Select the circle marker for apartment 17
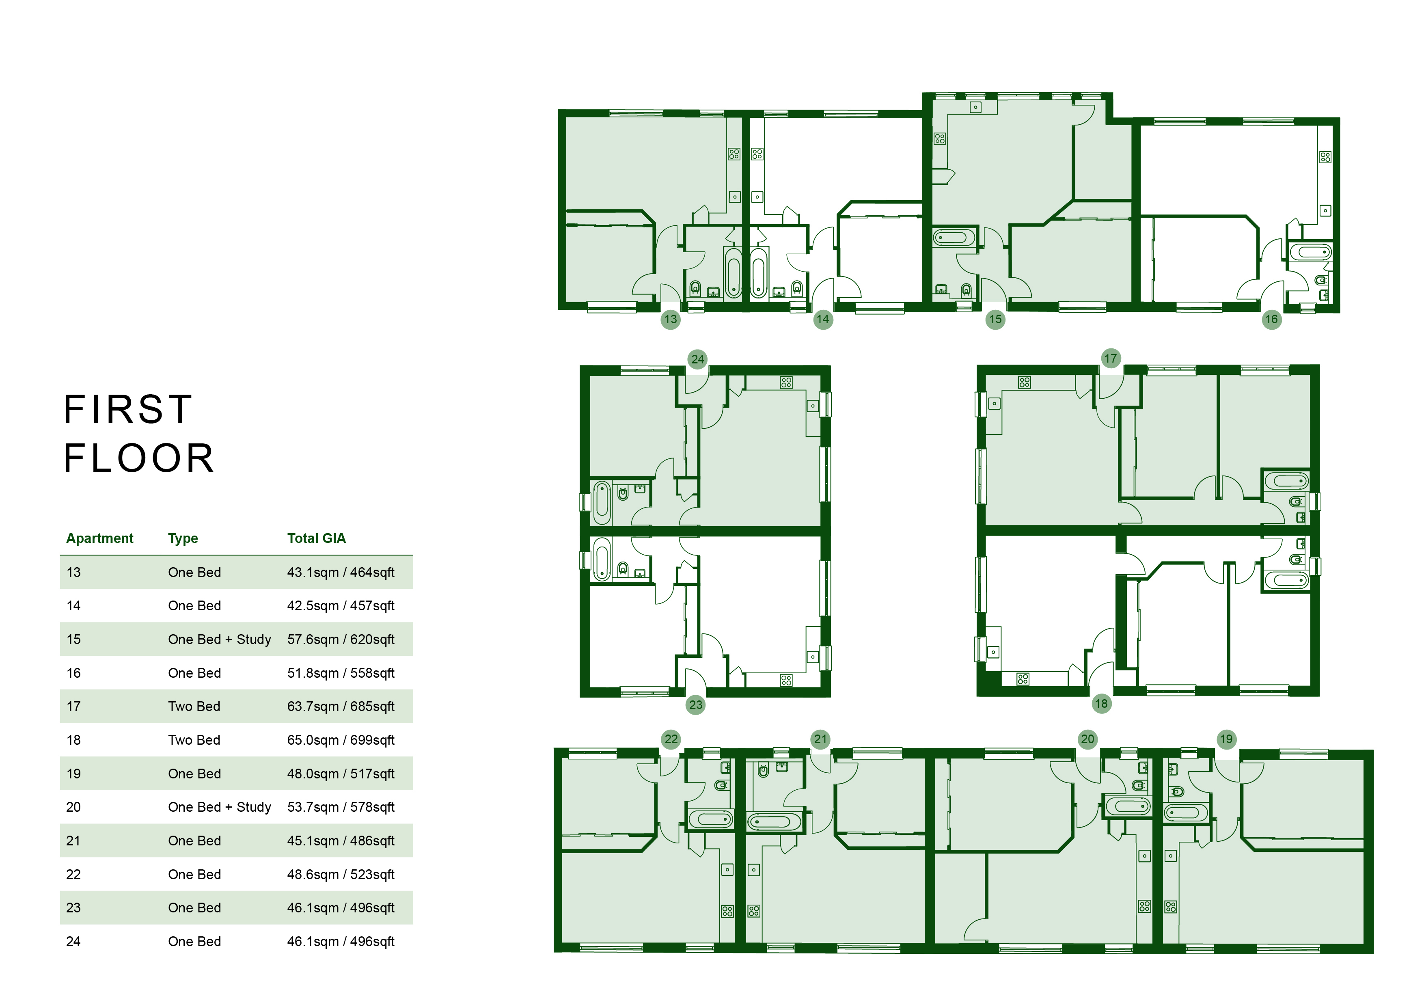tap(1110, 358)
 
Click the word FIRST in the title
tap(128, 410)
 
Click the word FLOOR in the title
tap(139, 458)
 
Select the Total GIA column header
tap(316, 538)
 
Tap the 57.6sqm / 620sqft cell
tap(341, 639)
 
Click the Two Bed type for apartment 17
tap(194, 706)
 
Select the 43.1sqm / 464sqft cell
tap(341, 572)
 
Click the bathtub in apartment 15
tap(954, 238)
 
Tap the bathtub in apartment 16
tap(1310, 252)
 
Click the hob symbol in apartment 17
tap(1024, 383)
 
